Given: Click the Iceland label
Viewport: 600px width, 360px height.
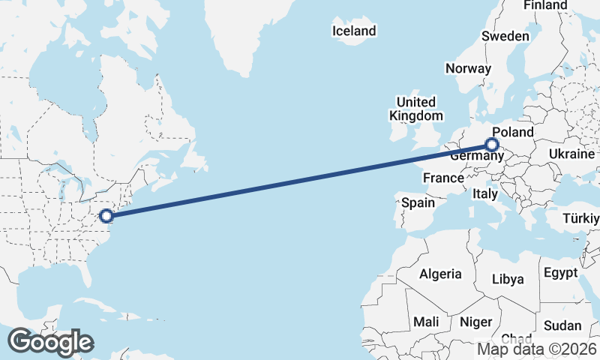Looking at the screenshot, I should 353,31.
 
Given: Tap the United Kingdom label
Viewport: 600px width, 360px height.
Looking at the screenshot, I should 415,109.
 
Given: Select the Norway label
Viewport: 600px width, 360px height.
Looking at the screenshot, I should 468,68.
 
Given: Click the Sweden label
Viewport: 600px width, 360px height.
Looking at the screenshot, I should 505,36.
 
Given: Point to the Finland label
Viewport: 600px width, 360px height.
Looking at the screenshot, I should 545,5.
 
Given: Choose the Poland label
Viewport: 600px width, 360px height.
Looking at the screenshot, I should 512,133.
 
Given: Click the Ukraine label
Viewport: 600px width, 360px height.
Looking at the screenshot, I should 572,153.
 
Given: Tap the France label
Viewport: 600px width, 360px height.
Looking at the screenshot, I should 442,178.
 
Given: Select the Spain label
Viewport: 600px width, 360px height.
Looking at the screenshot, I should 418,202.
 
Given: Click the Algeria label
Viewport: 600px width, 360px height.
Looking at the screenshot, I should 440,274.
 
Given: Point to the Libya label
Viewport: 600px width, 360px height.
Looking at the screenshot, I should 508,279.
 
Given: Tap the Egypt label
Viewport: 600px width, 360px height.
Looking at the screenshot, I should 560,272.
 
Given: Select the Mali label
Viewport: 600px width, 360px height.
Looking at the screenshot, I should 426,322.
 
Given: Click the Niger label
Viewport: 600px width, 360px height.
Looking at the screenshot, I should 475,322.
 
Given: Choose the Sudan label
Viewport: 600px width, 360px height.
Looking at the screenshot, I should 562,325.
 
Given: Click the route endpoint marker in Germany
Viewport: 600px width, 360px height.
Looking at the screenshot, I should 492,145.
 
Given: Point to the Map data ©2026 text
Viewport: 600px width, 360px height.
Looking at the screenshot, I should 537,349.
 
